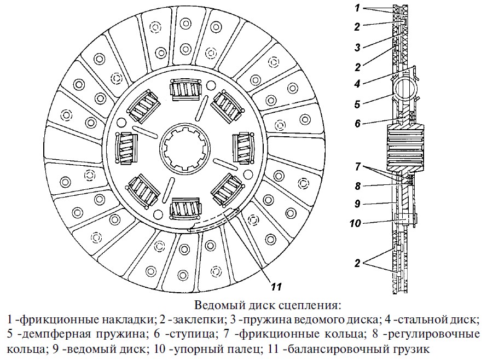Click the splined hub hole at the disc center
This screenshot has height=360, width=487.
pos(185,149)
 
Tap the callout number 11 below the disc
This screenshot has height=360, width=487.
pos(276,287)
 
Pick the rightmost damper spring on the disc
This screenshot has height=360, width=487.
pos(243,148)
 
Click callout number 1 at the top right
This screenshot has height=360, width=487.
pos(357,8)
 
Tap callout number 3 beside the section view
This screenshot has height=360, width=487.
pos(357,47)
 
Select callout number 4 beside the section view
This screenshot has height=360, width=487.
pos(357,83)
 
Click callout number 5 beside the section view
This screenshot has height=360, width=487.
pos(357,104)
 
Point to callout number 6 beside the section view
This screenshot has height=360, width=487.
pos(357,123)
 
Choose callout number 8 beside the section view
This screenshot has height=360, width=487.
pos(357,186)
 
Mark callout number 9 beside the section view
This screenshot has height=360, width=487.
pos(357,204)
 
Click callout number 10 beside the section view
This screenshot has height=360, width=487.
pos(355,223)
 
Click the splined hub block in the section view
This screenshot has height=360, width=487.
pos(405,147)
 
